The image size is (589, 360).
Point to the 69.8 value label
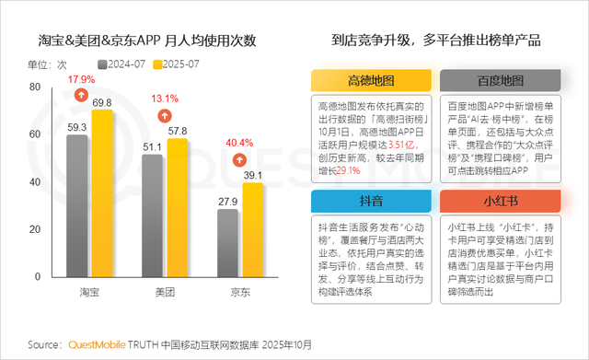point(101,101)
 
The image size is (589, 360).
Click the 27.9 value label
point(226,201)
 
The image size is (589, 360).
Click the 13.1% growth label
point(165,99)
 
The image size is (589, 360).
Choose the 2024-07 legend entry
point(122,64)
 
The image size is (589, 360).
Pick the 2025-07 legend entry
point(177,64)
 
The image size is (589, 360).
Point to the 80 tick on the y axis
point(34,86)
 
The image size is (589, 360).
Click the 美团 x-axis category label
point(165,291)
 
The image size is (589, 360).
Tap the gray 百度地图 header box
point(499,80)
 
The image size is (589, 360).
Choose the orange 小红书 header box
point(499,202)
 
